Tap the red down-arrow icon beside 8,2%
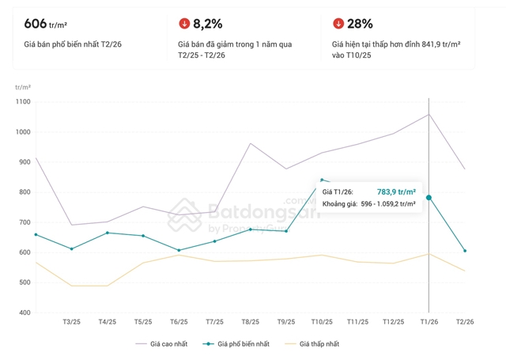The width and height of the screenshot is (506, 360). (183, 24)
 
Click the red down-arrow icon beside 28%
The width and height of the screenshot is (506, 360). (338, 24)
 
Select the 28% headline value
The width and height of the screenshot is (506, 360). (361, 24)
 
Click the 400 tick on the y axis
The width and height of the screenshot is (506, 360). (24, 313)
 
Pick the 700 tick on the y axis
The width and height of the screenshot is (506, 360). (24, 223)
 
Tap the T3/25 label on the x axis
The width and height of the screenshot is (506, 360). (72, 322)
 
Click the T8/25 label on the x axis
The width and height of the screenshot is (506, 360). (250, 322)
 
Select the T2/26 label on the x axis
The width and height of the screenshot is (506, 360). (465, 322)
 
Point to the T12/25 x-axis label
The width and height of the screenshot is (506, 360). (393, 322)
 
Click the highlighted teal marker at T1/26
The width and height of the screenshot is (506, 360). (429, 198)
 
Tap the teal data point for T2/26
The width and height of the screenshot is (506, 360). (465, 251)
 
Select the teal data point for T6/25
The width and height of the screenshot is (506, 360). (179, 250)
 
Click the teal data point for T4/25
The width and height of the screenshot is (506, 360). (108, 233)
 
